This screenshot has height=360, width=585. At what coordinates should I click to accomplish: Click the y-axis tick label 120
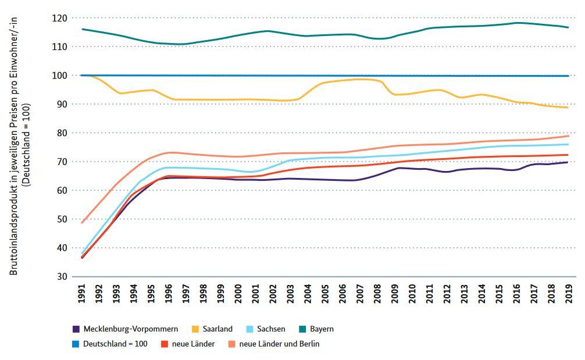coord(59,18)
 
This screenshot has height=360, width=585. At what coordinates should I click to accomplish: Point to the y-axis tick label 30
coord(62,276)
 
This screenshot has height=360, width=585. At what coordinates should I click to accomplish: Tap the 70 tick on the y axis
coord(62,162)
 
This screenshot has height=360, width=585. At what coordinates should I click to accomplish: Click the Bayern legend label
coord(321,329)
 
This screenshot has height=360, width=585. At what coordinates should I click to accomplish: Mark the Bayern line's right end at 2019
coord(568,27)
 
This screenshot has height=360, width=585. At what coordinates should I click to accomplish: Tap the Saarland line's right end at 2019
coord(568,108)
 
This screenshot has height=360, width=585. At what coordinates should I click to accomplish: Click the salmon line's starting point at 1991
coord(82,223)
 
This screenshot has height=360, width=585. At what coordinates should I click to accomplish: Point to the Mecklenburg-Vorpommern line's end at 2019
coord(568,162)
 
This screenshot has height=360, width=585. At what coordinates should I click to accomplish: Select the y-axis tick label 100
coord(59,76)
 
